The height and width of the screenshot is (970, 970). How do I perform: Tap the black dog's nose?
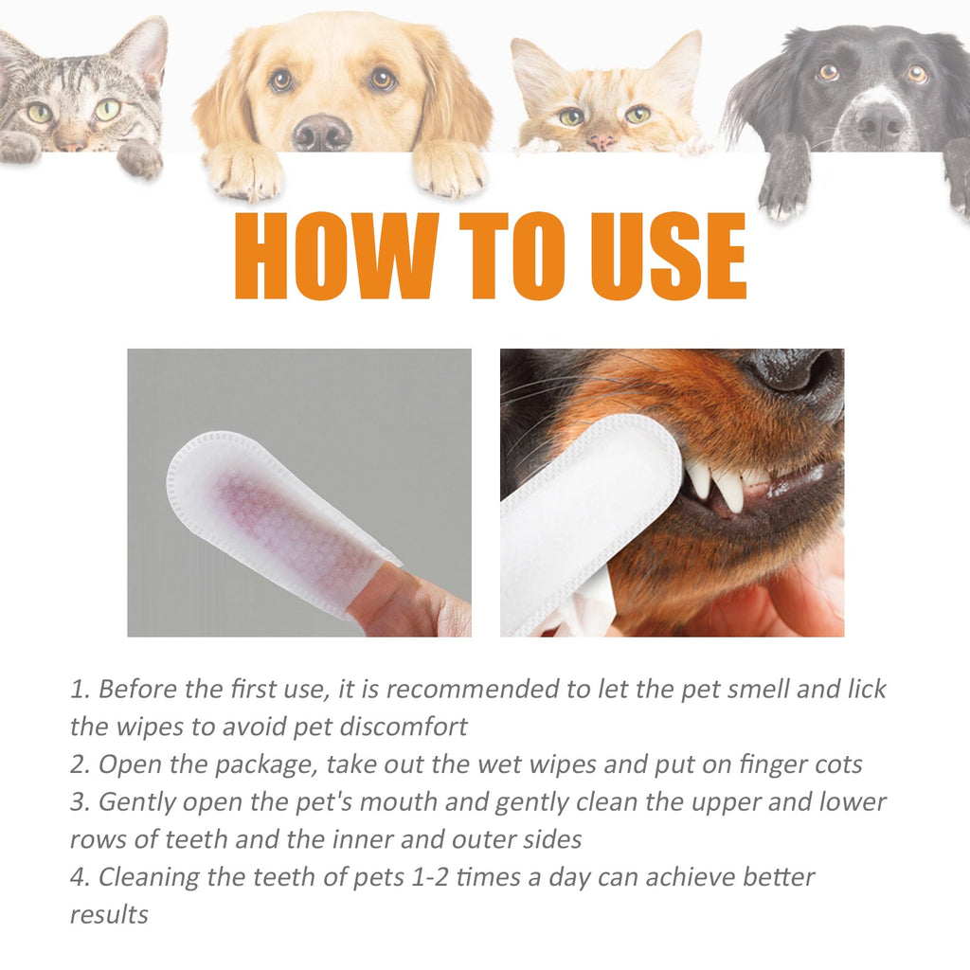[x=882, y=123]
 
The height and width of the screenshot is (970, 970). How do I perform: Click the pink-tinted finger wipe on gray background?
[x=284, y=521]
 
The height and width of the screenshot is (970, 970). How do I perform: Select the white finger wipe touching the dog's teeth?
[x=587, y=512]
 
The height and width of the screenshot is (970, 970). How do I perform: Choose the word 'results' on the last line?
[x=109, y=914]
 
